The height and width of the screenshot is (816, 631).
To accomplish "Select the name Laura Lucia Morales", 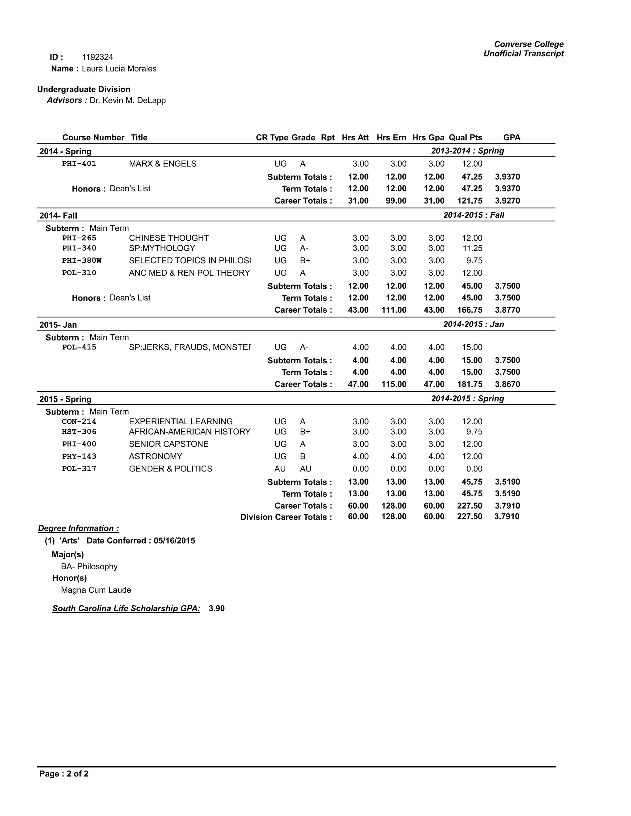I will point(119,69).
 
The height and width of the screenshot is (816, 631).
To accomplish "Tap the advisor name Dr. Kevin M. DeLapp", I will point(128,100).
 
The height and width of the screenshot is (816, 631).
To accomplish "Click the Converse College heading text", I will point(529,44).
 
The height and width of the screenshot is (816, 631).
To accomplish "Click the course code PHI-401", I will point(79,164).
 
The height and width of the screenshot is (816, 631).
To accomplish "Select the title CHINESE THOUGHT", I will point(169,238).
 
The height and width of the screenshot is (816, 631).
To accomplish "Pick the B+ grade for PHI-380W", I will point(305,261).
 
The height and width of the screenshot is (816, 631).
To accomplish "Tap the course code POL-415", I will point(79,347).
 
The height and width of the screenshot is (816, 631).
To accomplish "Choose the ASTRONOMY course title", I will point(155,456).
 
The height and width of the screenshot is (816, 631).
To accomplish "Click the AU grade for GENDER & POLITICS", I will point(305,469).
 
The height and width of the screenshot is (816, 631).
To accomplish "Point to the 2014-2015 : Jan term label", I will point(473,324).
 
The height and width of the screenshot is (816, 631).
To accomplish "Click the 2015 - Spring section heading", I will point(65,399).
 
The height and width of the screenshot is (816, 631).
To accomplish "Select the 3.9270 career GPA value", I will point(507,201).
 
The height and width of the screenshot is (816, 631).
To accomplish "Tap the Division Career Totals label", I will point(286,517).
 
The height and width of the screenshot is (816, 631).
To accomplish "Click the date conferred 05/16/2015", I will point(174,541).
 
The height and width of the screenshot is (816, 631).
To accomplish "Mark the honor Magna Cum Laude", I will point(96,590).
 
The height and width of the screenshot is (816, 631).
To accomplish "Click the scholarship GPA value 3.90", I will point(216,608).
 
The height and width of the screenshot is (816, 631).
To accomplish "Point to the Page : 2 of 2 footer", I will point(64,774).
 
